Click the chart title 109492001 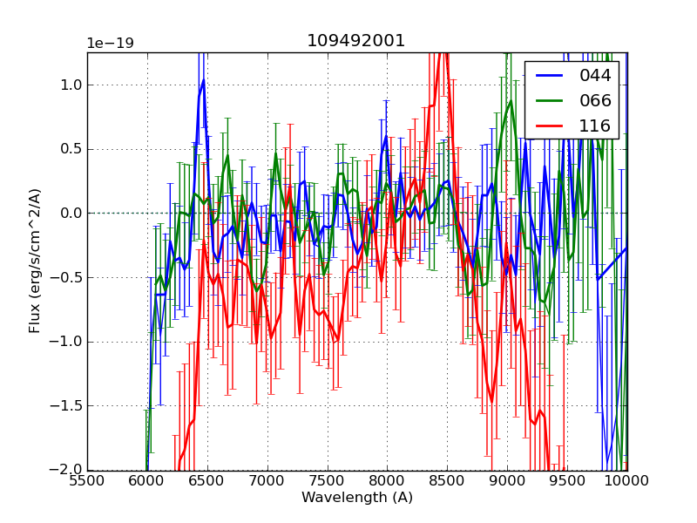click(356, 41)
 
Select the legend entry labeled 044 click(595, 76)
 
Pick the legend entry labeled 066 click(595, 100)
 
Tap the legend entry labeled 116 click(595, 126)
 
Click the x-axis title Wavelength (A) click(357, 498)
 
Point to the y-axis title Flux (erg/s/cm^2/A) click(36, 261)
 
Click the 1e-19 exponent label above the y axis click(110, 44)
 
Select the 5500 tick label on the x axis click(87, 480)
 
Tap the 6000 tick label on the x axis click(147, 480)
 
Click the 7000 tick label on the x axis click(267, 480)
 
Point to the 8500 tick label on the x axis click(447, 480)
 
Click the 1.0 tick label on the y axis click(70, 85)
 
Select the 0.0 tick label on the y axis click(70, 214)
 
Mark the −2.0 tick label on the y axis click(66, 471)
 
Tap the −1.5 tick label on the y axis click(66, 406)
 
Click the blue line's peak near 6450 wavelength click(203, 80)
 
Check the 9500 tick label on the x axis click(567, 480)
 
